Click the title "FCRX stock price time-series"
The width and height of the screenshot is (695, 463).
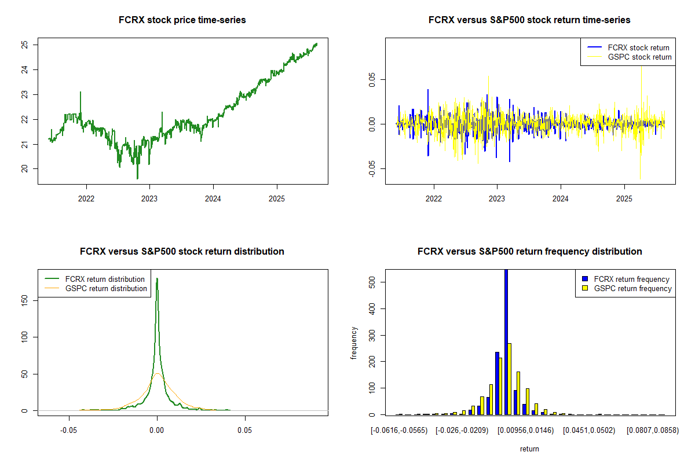pos(182,20)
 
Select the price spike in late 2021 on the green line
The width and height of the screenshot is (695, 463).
pos(81,93)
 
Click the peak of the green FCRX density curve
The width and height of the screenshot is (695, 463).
pos(157,279)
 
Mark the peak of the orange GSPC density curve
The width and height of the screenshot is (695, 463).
pos(157,374)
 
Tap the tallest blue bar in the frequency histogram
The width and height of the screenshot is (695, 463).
pos(506,341)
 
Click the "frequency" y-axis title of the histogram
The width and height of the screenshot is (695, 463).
pos(355,343)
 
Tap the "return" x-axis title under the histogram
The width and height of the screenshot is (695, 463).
pos(529,449)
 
